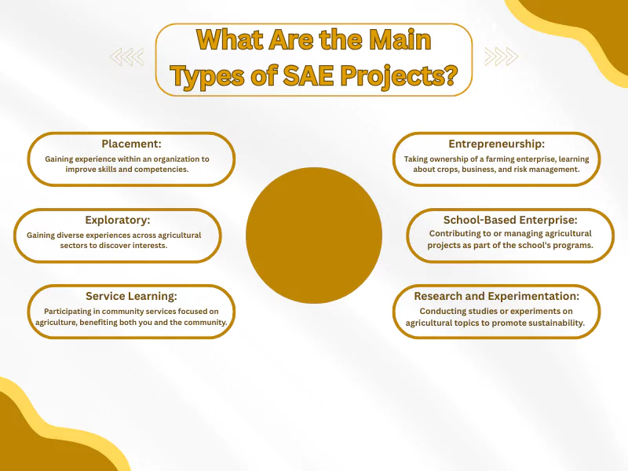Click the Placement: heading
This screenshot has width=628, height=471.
[x=130, y=144]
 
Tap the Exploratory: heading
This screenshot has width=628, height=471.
[x=117, y=221]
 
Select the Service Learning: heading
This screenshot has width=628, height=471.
[x=131, y=297]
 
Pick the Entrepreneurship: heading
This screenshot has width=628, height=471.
[x=496, y=144]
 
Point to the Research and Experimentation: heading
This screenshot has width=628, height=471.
[x=496, y=297]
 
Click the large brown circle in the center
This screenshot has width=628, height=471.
[x=314, y=235]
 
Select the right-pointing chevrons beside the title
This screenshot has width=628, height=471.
[x=501, y=57]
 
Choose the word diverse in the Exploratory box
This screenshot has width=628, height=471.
[x=80, y=235]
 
